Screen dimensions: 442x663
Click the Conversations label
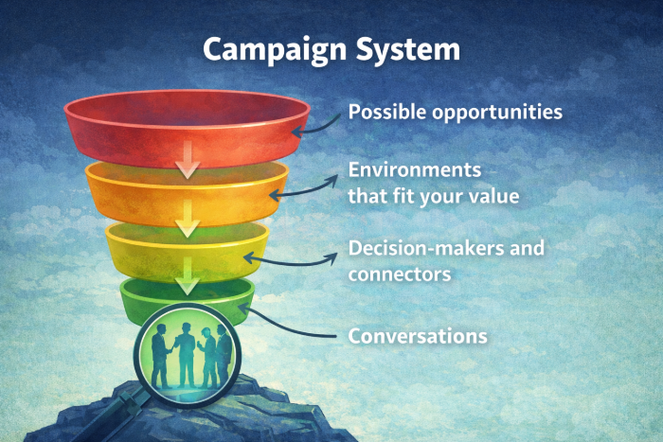[x=418, y=336]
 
